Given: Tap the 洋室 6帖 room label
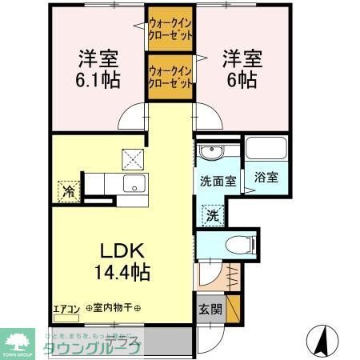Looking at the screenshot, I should coord(239,69).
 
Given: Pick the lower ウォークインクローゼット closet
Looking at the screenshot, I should coord(169,77).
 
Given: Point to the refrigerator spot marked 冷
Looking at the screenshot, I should coord(69,191).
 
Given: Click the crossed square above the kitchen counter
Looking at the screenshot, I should coord(131,158).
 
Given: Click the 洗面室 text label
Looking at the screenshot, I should coord(218,181).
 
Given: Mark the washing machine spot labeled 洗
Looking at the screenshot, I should coord(212,214).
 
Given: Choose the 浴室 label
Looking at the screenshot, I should coord(266,178).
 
